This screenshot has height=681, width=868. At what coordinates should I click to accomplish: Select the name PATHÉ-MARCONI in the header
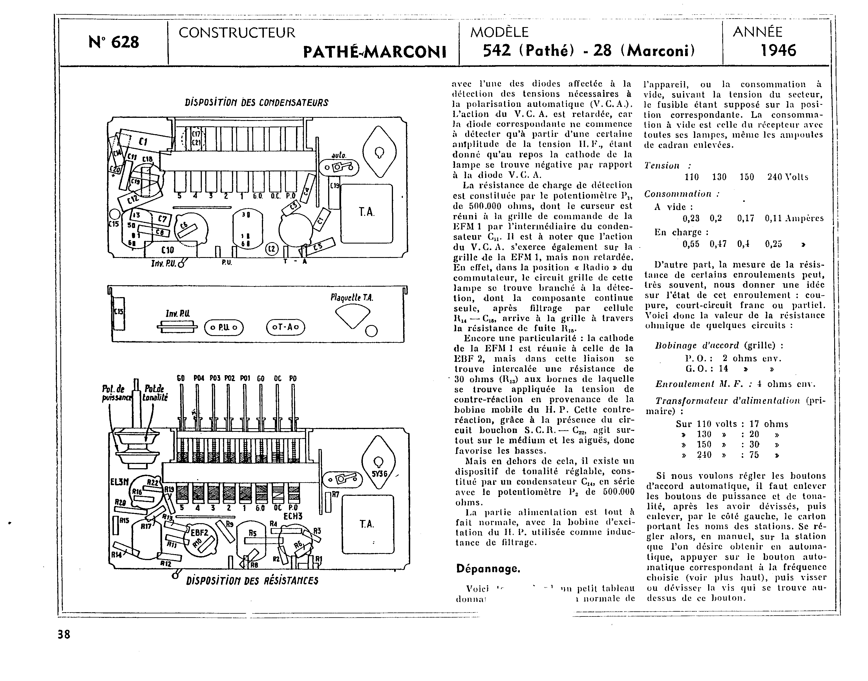374,52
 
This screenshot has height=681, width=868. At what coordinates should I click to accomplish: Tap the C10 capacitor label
167,250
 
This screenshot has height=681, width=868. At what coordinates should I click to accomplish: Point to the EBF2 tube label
199,533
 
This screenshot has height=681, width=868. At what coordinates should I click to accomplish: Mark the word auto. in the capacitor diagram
339,156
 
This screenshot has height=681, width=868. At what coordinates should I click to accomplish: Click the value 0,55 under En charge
691,244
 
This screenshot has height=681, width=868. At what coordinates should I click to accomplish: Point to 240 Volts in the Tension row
787,177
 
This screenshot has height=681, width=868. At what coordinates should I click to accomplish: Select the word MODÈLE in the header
499,32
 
